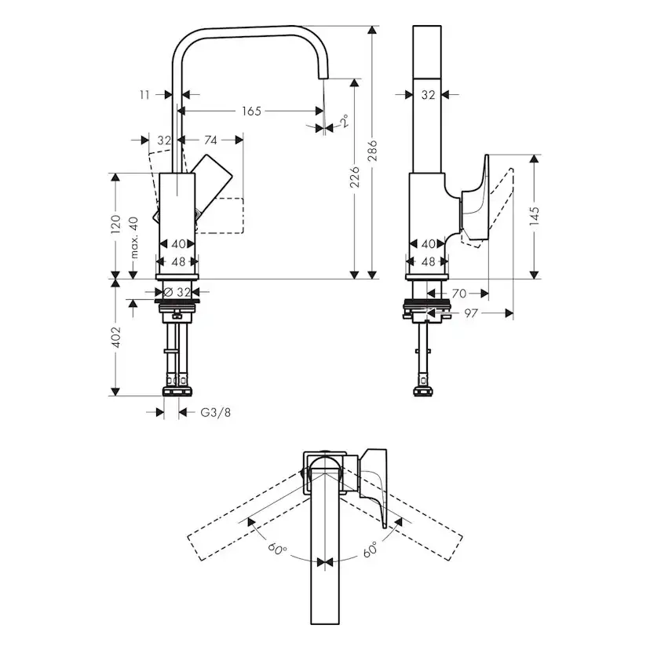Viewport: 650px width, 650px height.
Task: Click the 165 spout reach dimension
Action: (x=250, y=111)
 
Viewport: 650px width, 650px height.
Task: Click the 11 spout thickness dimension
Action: (x=144, y=94)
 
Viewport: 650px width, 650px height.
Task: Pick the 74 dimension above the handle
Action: (x=210, y=141)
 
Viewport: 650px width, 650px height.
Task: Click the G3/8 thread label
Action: (x=214, y=411)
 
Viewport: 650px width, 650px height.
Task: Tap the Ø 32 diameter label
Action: (x=178, y=292)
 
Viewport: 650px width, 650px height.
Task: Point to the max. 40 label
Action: (x=134, y=238)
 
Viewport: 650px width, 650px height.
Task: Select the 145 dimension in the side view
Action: (x=535, y=216)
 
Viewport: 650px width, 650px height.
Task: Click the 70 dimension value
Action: (x=459, y=294)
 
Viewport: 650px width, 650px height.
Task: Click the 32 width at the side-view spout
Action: (x=428, y=94)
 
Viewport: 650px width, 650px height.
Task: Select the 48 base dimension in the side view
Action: (x=428, y=261)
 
